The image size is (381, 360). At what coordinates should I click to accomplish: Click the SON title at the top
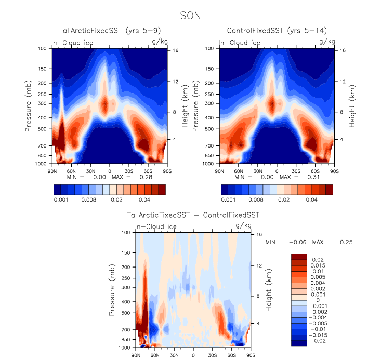pyautogui.click(x=190, y=16)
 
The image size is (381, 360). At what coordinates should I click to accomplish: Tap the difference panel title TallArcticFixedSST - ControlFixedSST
pyautogui.click(x=193, y=215)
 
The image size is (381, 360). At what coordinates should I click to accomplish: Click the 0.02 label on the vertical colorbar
pyautogui.click(x=318, y=258)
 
